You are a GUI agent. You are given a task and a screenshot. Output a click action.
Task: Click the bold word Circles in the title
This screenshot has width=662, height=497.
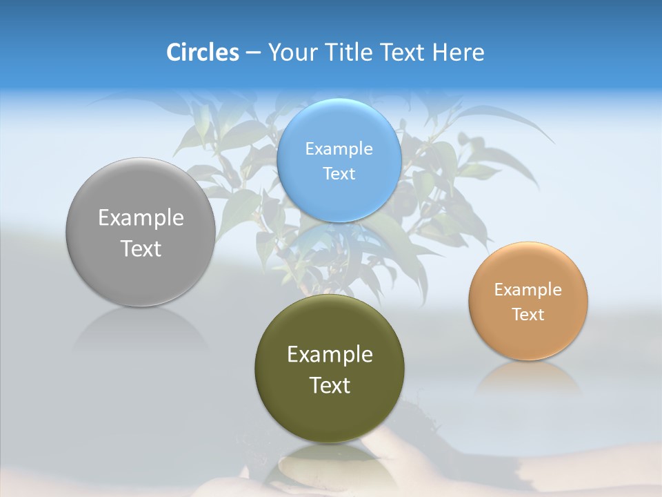point(202,52)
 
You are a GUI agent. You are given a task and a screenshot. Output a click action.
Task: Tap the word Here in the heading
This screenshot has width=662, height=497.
point(458,52)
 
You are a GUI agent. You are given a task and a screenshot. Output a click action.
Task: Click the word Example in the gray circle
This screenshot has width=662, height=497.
point(141,218)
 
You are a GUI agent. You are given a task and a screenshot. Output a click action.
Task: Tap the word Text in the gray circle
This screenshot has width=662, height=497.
point(141,248)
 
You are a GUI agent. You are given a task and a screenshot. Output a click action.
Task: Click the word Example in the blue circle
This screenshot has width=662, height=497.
point(339,149)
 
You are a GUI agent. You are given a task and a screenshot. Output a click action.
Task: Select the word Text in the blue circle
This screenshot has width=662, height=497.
point(339,174)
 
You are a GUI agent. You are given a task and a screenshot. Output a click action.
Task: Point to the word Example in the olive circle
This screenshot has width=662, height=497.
point(330,355)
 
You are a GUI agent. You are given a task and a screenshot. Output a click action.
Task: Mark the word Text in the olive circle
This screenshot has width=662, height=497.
point(330,385)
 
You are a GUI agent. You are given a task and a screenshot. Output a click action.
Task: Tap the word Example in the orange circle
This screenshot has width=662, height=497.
point(528,290)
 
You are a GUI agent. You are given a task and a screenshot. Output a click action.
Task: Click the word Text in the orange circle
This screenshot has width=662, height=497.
point(528,315)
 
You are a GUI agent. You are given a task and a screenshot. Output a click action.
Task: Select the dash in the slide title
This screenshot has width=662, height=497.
point(253,53)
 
